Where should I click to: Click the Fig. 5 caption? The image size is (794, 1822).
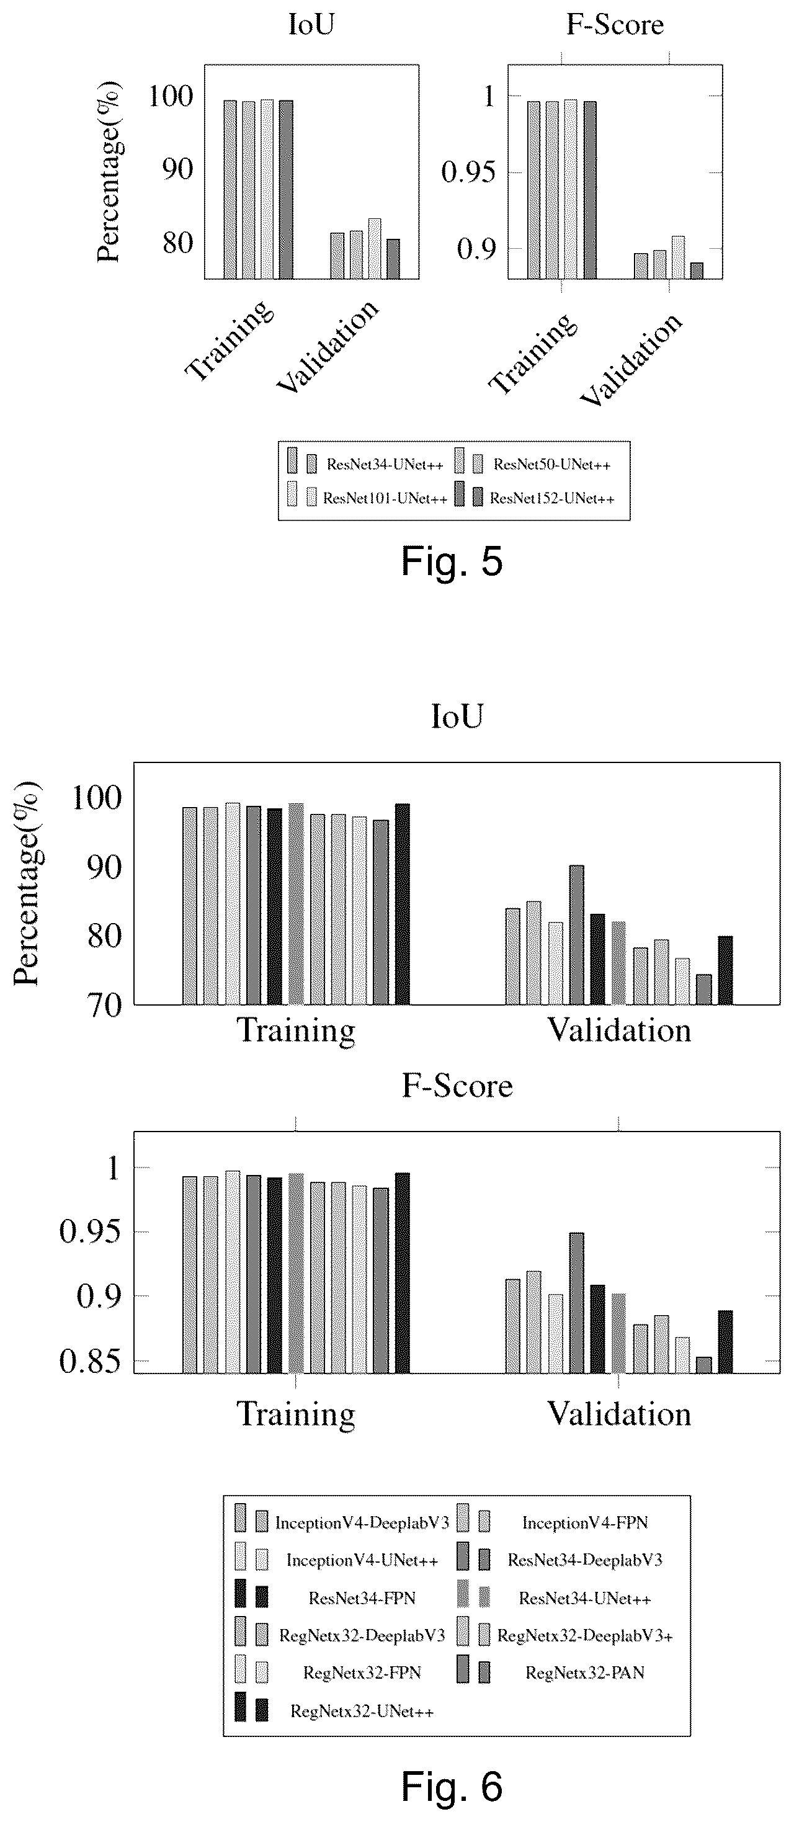[x=452, y=561]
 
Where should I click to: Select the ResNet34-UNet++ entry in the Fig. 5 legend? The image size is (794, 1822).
[x=385, y=465]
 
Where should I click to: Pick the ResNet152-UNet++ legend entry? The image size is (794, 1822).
[x=552, y=499]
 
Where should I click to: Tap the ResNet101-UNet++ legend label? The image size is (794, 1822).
[x=385, y=499]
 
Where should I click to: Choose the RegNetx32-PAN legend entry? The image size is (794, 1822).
[x=585, y=1672]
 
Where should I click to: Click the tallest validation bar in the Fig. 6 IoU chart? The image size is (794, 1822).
[x=576, y=934]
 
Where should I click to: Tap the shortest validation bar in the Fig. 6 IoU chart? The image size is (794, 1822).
[x=703, y=989]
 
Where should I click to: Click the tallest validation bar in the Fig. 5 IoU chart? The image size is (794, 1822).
[x=375, y=249]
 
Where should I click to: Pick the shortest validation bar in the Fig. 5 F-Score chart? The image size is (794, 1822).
[x=697, y=271]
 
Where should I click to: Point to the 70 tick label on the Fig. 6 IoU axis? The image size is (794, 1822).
[x=87, y=1005]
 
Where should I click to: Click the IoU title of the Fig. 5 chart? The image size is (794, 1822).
[x=311, y=25]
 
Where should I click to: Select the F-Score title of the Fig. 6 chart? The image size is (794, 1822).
[x=457, y=1086]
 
